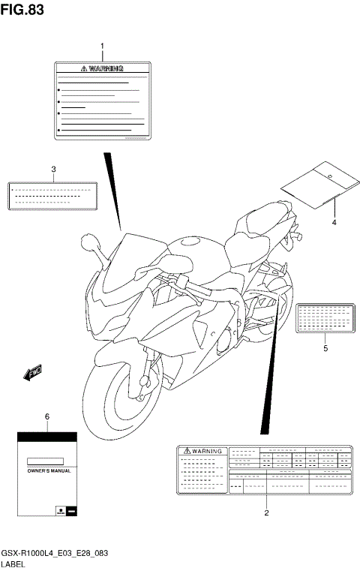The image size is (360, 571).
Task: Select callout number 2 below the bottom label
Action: tap(265, 513)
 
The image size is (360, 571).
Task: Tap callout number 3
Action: tap(53, 169)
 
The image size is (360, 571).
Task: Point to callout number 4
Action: tap(334, 223)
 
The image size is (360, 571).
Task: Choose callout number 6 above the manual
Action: tap(46, 416)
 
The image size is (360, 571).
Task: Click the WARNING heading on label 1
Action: tap(103, 68)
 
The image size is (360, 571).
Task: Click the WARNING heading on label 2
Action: tap(202, 451)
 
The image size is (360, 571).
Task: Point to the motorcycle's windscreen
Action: tap(124, 263)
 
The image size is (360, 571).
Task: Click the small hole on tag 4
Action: tap(329, 175)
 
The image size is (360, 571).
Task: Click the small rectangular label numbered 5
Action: tap(323, 317)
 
